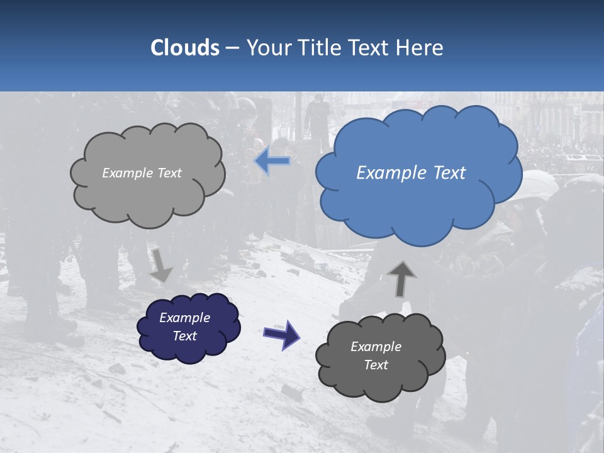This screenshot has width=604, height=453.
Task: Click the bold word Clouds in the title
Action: [x=185, y=48]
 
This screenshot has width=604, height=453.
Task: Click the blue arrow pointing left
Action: [x=272, y=161]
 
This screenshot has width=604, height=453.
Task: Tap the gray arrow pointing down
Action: [x=161, y=265]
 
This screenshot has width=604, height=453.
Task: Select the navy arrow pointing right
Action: [x=281, y=333]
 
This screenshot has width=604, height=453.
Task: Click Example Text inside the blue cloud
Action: [x=411, y=173]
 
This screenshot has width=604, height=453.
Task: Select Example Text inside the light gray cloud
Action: [x=142, y=173]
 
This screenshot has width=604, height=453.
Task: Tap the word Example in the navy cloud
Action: [x=184, y=318]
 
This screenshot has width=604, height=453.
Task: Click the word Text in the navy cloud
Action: [x=185, y=336]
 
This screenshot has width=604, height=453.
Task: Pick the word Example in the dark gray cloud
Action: [x=376, y=347]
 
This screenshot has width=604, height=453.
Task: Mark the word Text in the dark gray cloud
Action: [x=376, y=365]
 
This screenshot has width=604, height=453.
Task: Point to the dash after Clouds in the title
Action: [x=232, y=48]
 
